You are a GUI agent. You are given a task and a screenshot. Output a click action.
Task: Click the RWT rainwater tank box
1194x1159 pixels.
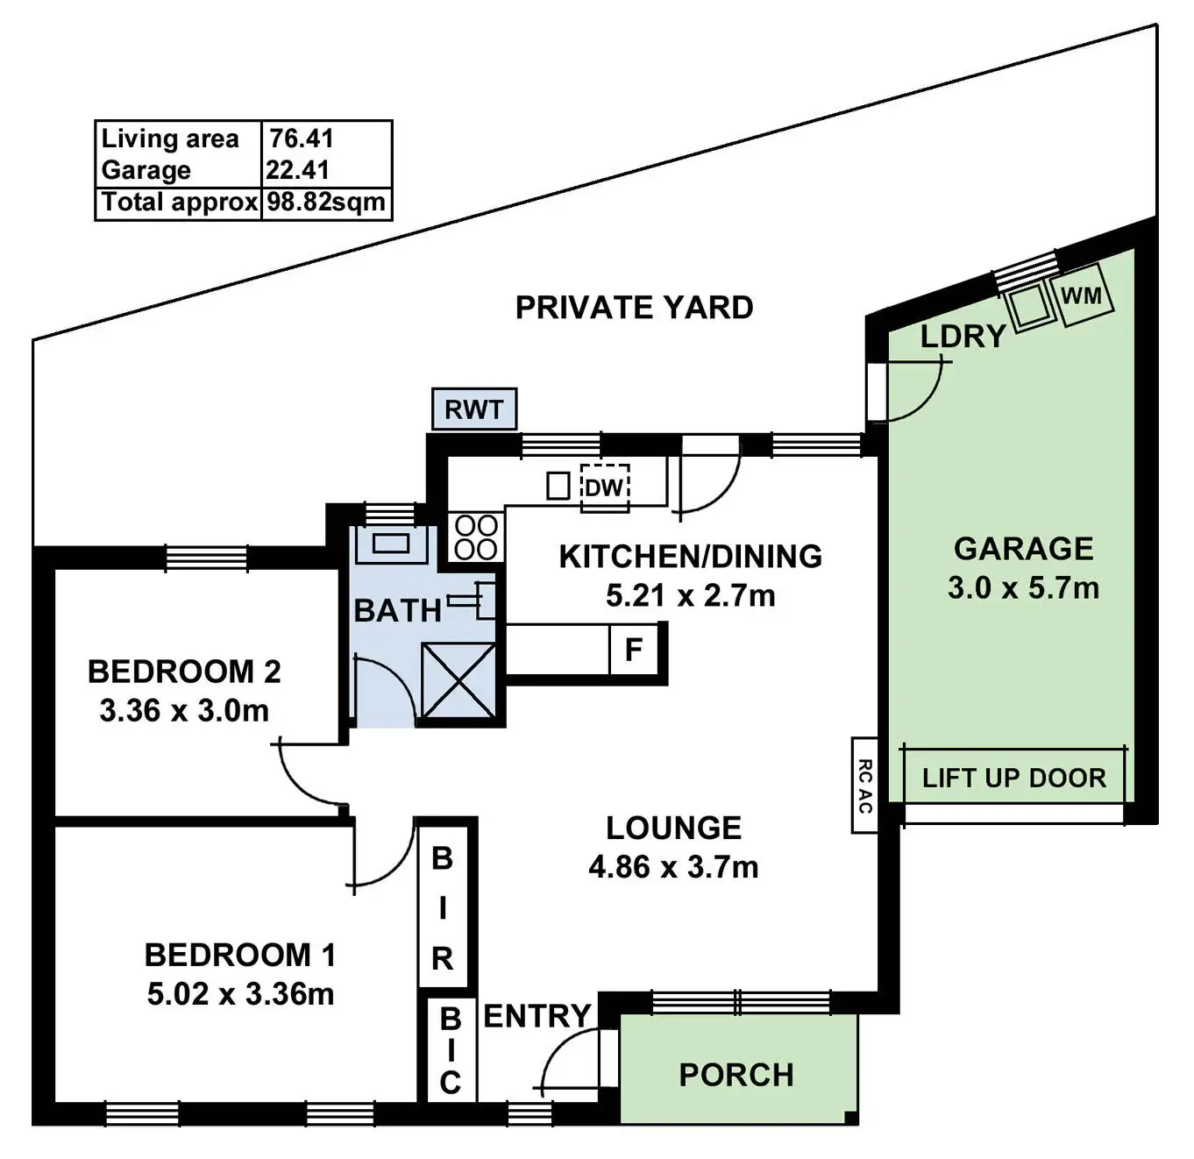click(474, 409)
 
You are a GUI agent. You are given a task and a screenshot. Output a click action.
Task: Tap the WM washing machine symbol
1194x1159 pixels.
click(1082, 295)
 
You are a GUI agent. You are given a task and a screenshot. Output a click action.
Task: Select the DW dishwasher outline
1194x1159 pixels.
click(604, 487)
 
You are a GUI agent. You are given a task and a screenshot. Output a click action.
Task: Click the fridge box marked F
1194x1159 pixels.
click(634, 650)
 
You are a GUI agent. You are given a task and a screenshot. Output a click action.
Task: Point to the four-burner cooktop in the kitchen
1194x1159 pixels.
click(477, 537)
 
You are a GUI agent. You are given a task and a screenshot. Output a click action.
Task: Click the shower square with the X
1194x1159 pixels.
click(458, 681)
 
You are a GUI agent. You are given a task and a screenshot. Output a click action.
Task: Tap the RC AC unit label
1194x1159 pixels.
click(864, 785)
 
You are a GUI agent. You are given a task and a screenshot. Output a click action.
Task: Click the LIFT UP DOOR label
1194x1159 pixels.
click(1014, 778)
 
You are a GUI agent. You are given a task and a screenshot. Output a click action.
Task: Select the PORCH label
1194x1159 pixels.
click(736, 1075)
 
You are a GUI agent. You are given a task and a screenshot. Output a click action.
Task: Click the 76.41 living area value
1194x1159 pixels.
click(302, 139)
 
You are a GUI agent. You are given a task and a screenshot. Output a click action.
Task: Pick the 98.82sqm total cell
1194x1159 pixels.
click(326, 203)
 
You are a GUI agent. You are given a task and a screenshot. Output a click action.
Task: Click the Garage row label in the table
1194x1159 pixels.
click(146, 170)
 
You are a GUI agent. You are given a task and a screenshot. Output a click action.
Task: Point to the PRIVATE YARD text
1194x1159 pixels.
click(634, 308)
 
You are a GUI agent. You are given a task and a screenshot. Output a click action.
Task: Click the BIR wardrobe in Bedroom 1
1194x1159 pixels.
click(443, 907)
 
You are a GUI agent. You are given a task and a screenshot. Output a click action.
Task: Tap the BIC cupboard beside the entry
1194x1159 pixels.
click(450, 1050)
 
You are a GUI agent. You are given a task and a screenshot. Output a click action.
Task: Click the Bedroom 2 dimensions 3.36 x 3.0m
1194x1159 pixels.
click(184, 710)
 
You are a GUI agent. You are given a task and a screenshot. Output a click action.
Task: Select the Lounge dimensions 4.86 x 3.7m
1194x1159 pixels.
click(673, 867)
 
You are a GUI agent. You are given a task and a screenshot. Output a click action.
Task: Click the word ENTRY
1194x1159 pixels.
click(537, 1016)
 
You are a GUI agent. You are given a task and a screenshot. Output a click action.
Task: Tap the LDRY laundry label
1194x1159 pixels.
click(962, 336)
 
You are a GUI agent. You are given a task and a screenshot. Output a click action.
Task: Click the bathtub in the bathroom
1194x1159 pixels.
click(391, 544)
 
